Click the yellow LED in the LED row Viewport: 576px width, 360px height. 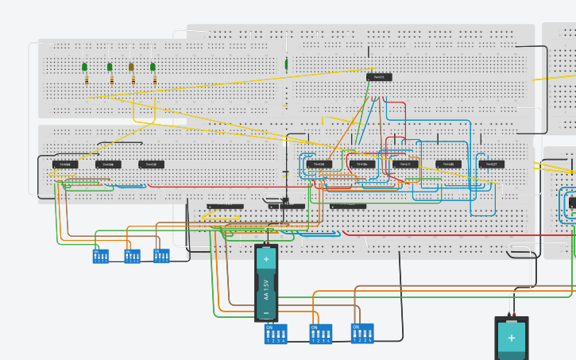132,68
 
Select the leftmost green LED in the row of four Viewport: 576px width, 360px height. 84,67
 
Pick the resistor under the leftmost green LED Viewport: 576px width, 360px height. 85,79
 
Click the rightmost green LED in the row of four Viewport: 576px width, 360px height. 153,68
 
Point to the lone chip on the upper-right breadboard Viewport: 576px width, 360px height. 379,77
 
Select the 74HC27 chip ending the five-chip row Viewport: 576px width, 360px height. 491,165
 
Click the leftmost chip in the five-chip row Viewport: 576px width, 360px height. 319,165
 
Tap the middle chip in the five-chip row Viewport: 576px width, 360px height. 405,165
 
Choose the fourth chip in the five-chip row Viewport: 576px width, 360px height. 448,165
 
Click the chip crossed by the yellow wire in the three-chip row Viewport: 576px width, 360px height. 65,165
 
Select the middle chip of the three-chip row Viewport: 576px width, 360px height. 108,165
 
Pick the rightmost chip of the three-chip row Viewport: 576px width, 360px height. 151,165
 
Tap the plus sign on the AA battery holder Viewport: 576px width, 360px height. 266,259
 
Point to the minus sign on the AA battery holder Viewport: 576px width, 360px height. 266,315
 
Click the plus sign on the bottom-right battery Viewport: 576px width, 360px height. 511,338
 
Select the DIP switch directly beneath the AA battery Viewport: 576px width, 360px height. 276,334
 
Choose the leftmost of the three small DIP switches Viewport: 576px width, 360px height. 100,257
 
